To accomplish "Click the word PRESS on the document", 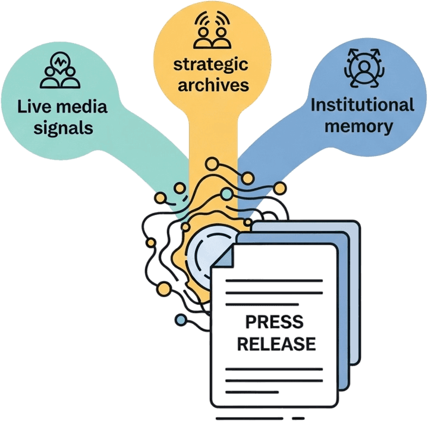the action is [274, 322].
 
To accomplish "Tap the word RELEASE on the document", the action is [276, 344].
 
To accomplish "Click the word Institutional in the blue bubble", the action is [362, 105].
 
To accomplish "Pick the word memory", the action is [358, 127].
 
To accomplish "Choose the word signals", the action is [63, 129].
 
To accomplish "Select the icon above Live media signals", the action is [60, 70].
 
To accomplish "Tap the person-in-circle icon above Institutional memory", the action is [364, 68].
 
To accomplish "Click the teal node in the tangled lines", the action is [226, 194].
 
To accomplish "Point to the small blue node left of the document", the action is [181, 320].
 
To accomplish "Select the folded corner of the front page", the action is [224, 257].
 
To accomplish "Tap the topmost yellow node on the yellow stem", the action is [212, 164].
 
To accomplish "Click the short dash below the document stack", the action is [298, 418].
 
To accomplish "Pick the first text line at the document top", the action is [274, 281].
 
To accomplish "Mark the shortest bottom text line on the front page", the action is [252, 392].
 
